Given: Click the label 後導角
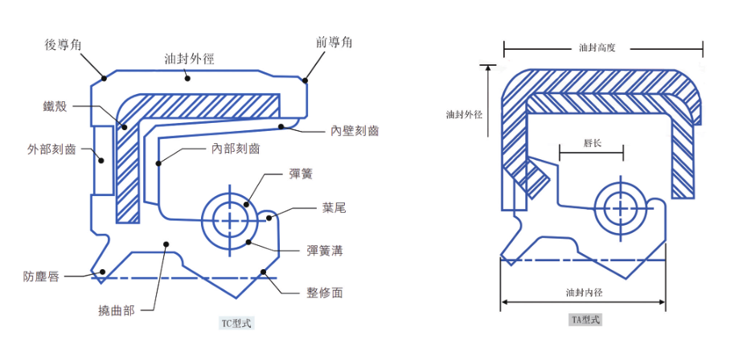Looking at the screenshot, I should click(x=64, y=46).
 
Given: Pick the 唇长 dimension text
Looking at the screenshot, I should click(x=592, y=144).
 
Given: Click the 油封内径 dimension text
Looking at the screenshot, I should click(x=584, y=292).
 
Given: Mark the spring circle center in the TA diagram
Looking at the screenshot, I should click(x=620, y=207).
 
